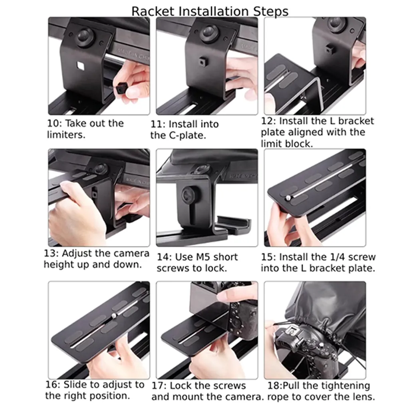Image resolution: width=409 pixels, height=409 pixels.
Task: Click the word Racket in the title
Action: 153,12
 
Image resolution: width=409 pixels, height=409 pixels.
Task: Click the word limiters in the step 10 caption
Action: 66,135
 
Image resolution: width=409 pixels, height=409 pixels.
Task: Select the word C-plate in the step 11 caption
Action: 187,135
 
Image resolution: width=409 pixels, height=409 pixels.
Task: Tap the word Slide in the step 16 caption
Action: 73,385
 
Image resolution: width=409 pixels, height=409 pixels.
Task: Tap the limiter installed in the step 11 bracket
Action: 202,62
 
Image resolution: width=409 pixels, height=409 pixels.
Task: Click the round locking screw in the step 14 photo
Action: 188,195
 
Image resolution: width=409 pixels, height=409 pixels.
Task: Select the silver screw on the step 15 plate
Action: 288,198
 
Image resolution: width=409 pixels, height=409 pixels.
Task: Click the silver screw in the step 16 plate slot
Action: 114,316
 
